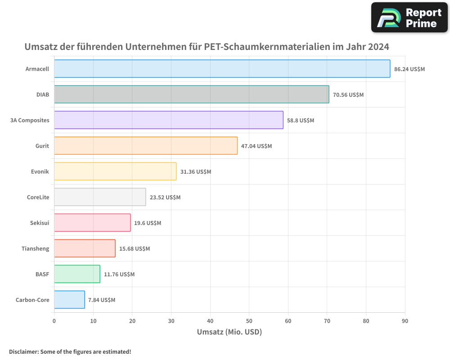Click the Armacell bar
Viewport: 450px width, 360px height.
pyautogui.click(x=222, y=69)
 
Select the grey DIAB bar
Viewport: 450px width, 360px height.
pyautogui.click(x=191, y=94)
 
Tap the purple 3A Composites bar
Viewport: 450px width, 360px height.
pyautogui.click(x=169, y=120)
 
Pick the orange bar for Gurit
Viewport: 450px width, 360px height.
pyautogui.click(x=146, y=146)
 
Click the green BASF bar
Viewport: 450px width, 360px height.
pyautogui.click(x=77, y=274)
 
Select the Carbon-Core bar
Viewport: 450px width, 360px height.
pyautogui.click(x=69, y=300)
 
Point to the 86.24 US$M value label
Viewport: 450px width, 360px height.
pyautogui.click(x=409, y=69)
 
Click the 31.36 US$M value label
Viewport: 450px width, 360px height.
pyautogui.click(x=195, y=172)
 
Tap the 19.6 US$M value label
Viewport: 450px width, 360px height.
pyautogui.click(x=147, y=223)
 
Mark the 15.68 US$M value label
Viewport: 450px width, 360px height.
pyautogui.click(x=134, y=249)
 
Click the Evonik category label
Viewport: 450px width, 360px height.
pyautogui.click(x=40, y=172)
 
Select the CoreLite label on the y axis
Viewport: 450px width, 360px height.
pyautogui.click(x=38, y=197)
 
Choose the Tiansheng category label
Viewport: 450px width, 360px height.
pyautogui.click(x=35, y=249)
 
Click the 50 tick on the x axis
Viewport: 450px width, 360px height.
pyautogui.click(x=249, y=321)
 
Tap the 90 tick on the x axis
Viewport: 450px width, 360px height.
pyautogui.click(x=405, y=321)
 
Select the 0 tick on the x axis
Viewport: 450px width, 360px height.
pyautogui.click(x=54, y=321)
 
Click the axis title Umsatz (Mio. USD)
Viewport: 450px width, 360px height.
pyautogui.click(x=229, y=332)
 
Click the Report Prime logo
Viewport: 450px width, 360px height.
pyautogui.click(x=409, y=18)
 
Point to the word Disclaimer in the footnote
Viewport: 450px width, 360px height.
pyautogui.click(x=23, y=351)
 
